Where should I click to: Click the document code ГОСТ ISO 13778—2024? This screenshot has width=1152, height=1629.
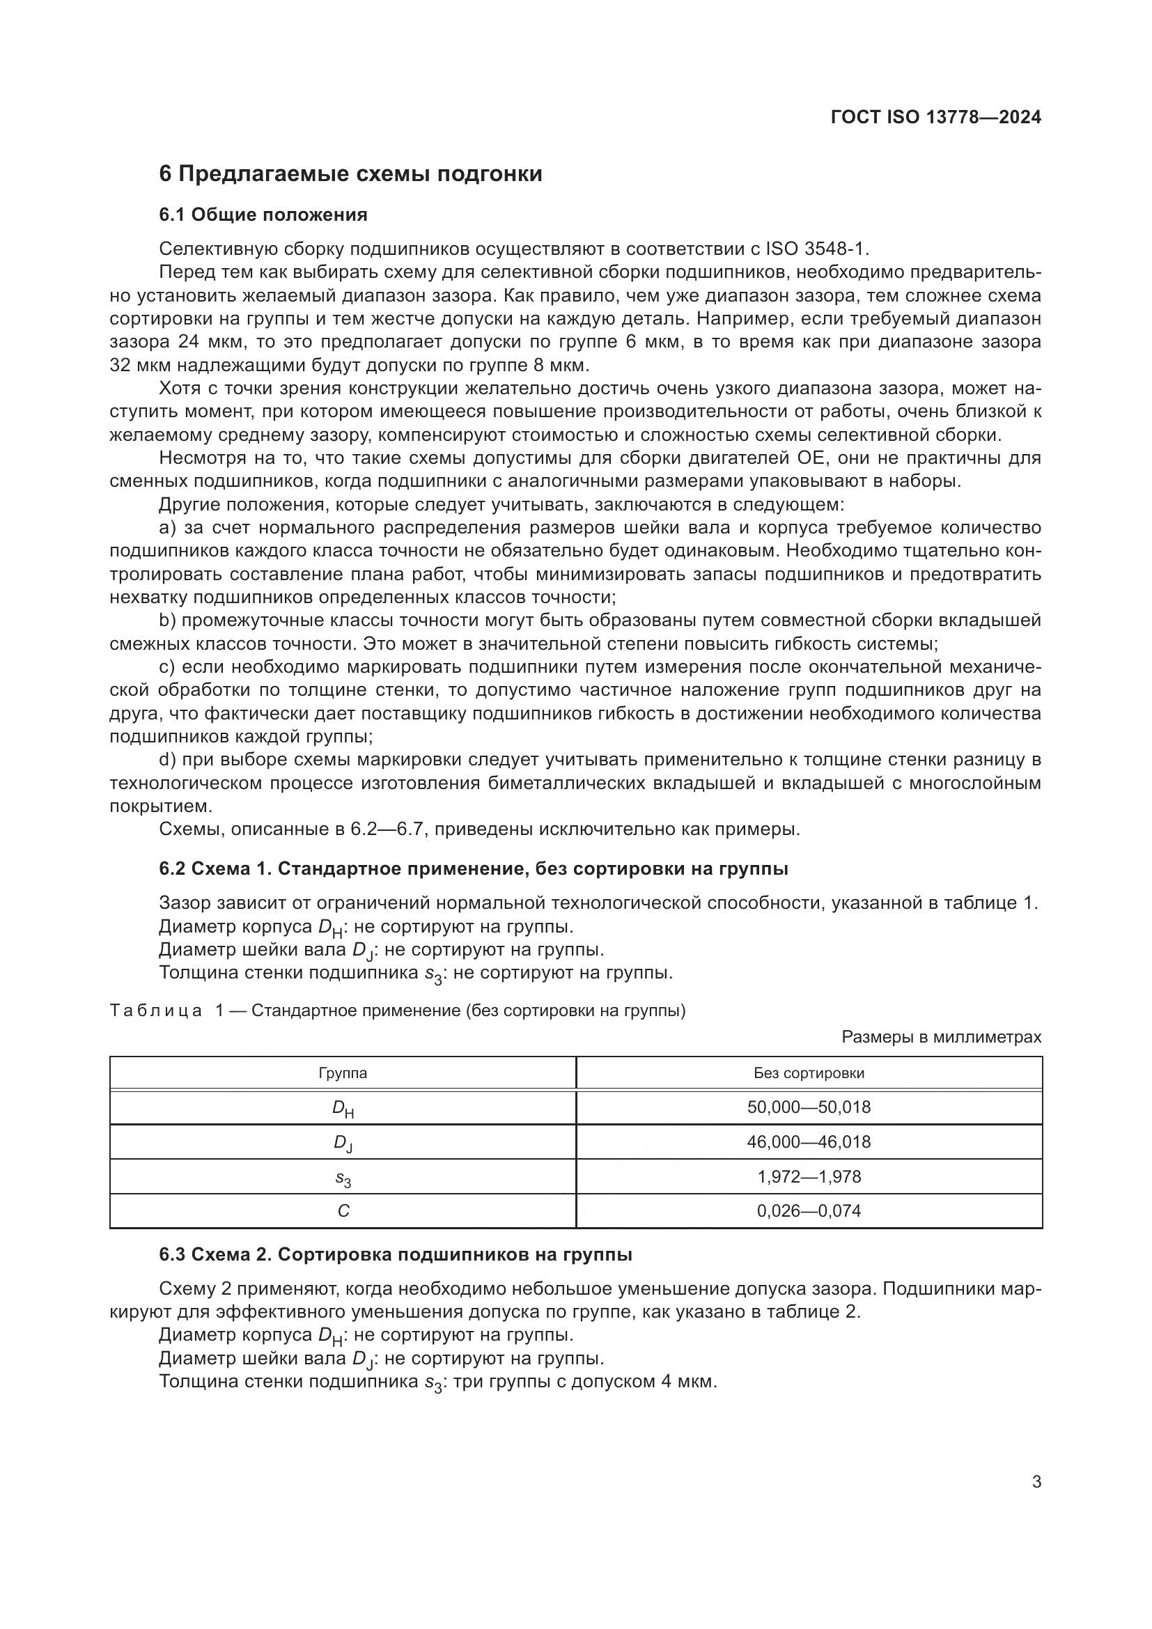(935, 118)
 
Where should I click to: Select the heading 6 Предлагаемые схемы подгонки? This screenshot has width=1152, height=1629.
(350, 174)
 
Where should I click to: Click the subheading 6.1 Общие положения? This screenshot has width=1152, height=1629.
(263, 215)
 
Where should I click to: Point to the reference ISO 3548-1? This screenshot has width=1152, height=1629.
(816, 249)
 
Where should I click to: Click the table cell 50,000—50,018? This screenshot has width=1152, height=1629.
(809, 1107)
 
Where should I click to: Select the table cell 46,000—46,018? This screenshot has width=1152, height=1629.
(809, 1141)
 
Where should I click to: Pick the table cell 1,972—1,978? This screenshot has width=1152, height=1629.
(809, 1176)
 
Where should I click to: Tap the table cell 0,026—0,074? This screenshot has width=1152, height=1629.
(809, 1210)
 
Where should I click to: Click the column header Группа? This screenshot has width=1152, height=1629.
(343, 1073)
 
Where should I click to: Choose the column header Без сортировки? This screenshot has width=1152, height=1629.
(809, 1073)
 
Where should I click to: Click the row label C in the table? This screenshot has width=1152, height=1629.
(343, 1211)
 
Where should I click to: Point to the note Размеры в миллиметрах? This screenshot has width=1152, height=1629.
(942, 1037)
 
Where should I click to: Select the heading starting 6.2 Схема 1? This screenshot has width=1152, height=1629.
(473, 869)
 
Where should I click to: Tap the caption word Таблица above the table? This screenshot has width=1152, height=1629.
(156, 1011)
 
